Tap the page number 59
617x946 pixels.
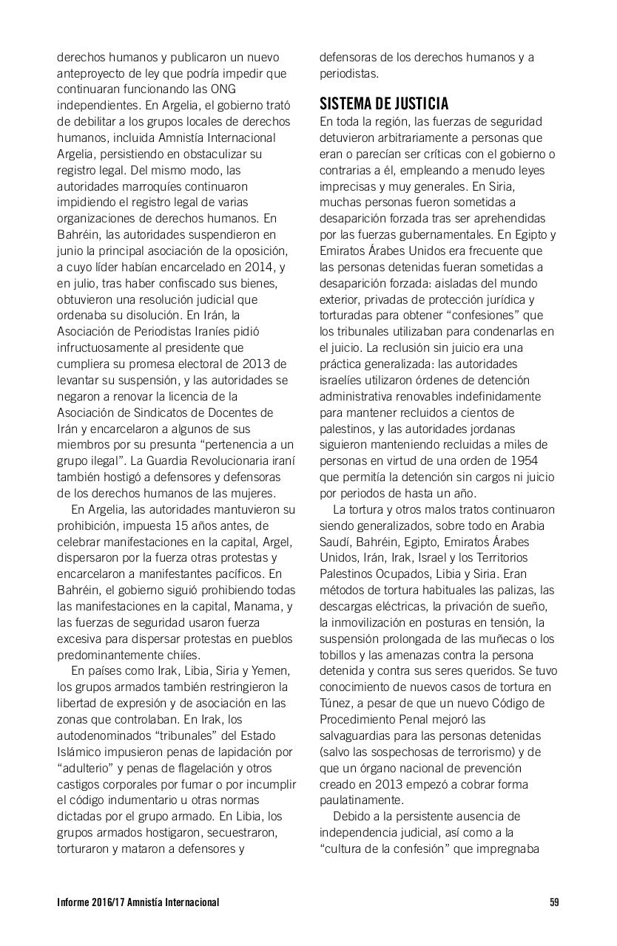(554, 902)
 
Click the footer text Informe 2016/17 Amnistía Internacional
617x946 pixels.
(138, 902)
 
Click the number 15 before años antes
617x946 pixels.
(195, 525)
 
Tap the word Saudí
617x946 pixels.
(334, 542)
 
